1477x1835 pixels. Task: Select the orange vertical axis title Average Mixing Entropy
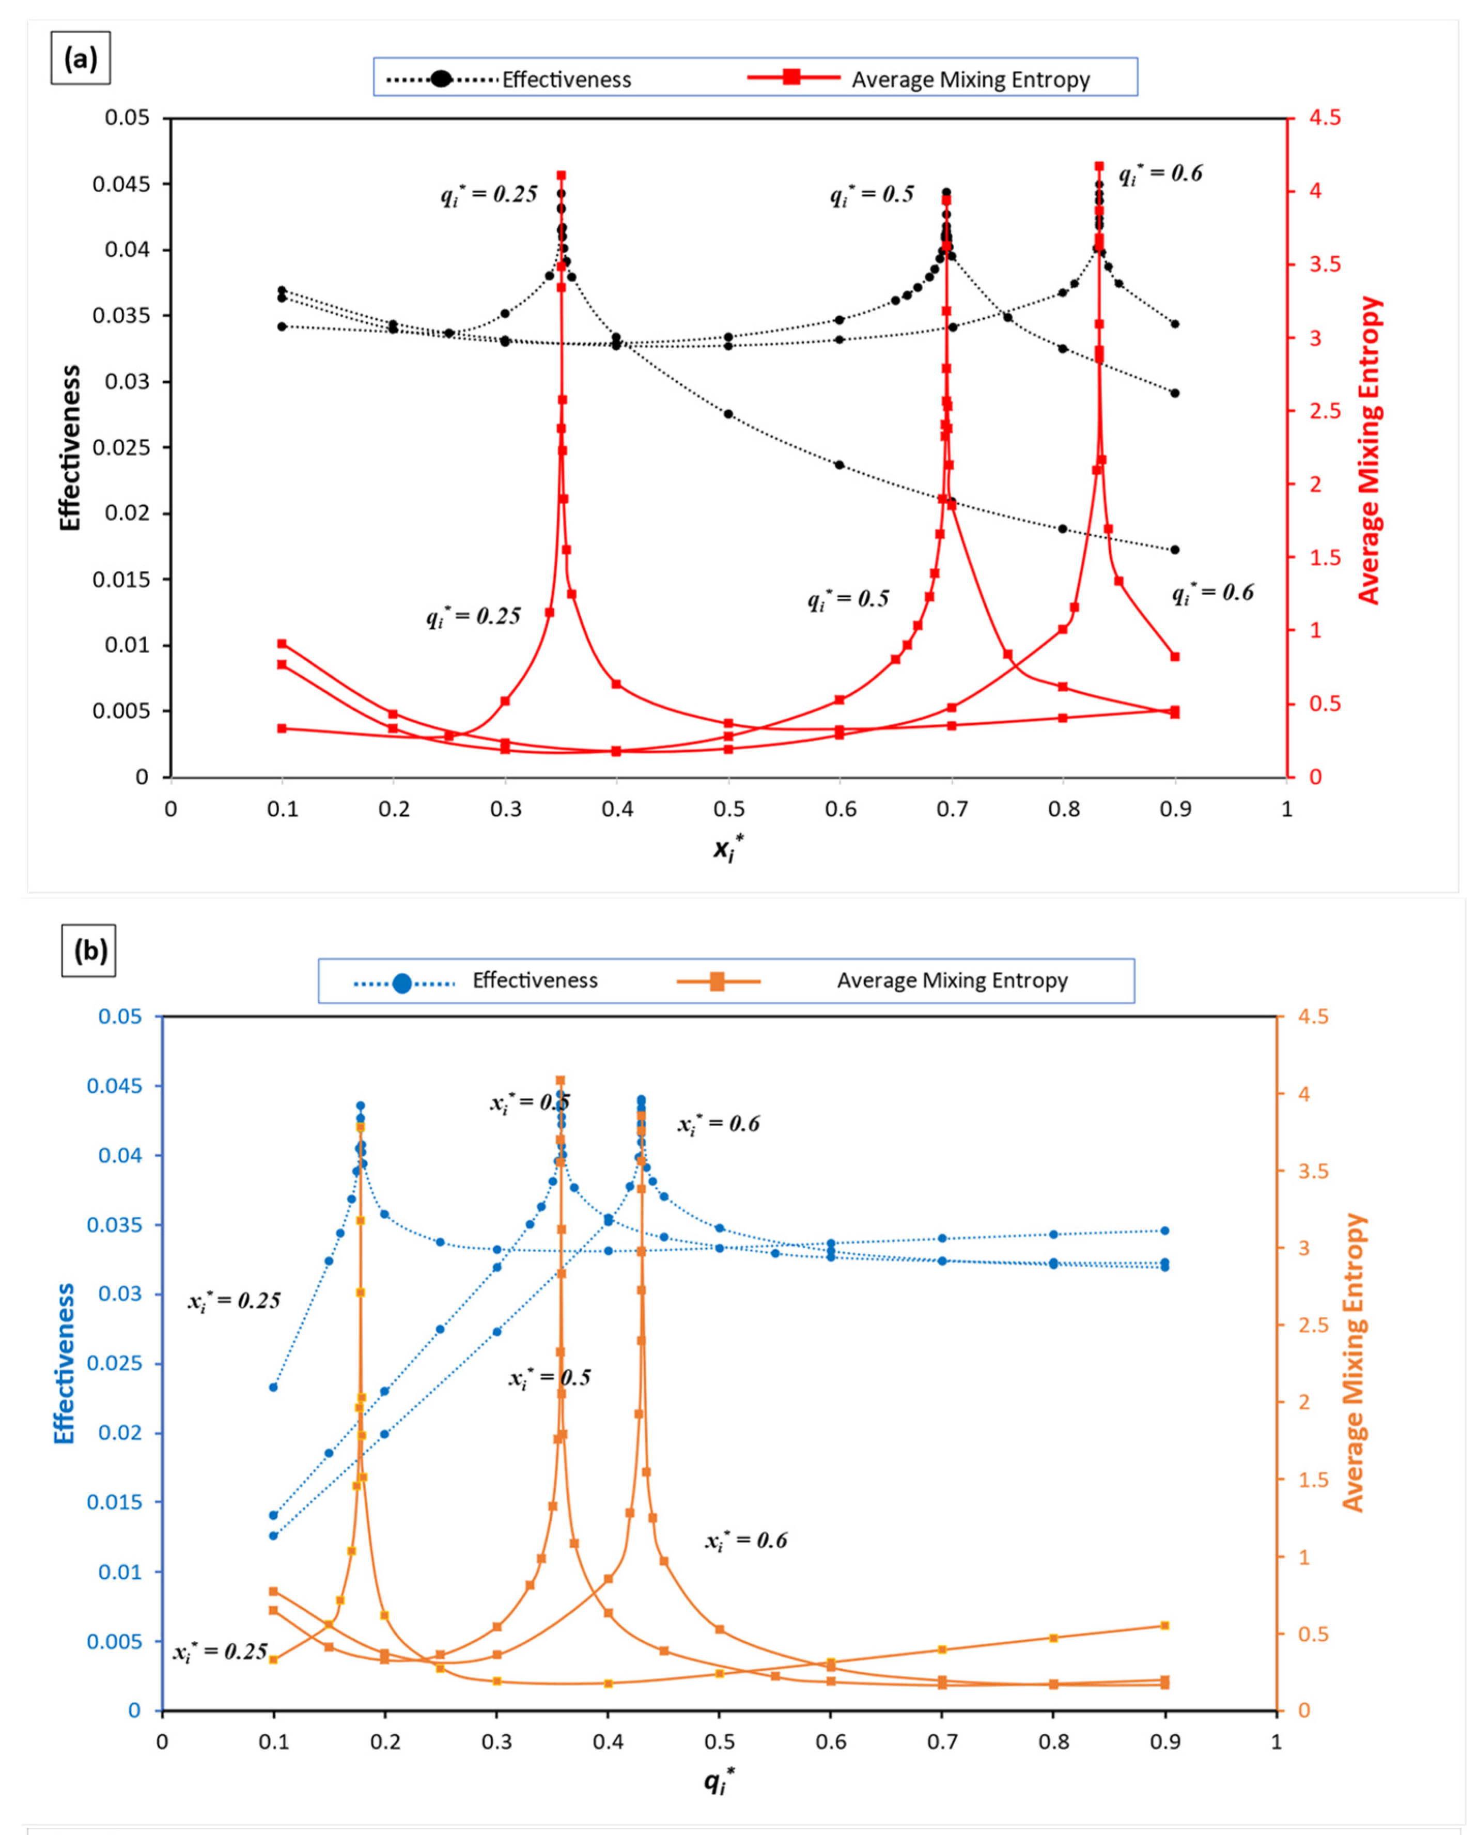click(1354, 1362)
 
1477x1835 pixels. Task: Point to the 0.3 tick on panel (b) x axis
click(496, 1741)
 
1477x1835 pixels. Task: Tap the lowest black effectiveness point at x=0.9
click(1175, 550)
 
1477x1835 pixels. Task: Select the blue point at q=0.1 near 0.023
click(273, 1387)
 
